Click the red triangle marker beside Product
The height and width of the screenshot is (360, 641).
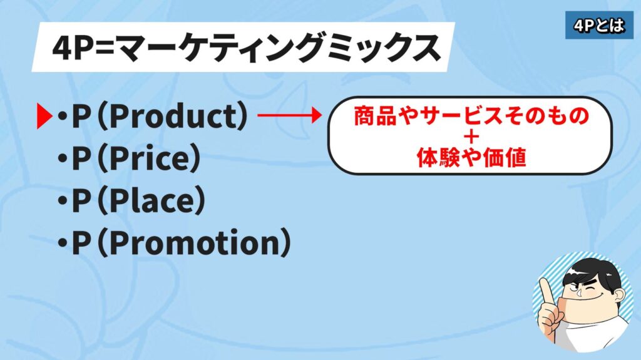coord(44,116)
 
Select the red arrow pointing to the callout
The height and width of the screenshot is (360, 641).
coord(289,115)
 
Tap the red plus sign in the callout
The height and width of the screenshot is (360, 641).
coord(471,138)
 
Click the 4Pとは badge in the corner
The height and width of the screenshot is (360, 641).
coord(599,26)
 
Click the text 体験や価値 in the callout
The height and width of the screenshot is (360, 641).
coord(471,158)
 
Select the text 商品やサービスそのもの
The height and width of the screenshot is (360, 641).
coord(471,116)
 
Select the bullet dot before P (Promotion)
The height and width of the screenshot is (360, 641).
coord(63,242)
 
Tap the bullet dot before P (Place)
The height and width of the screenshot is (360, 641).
coord(63,200)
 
